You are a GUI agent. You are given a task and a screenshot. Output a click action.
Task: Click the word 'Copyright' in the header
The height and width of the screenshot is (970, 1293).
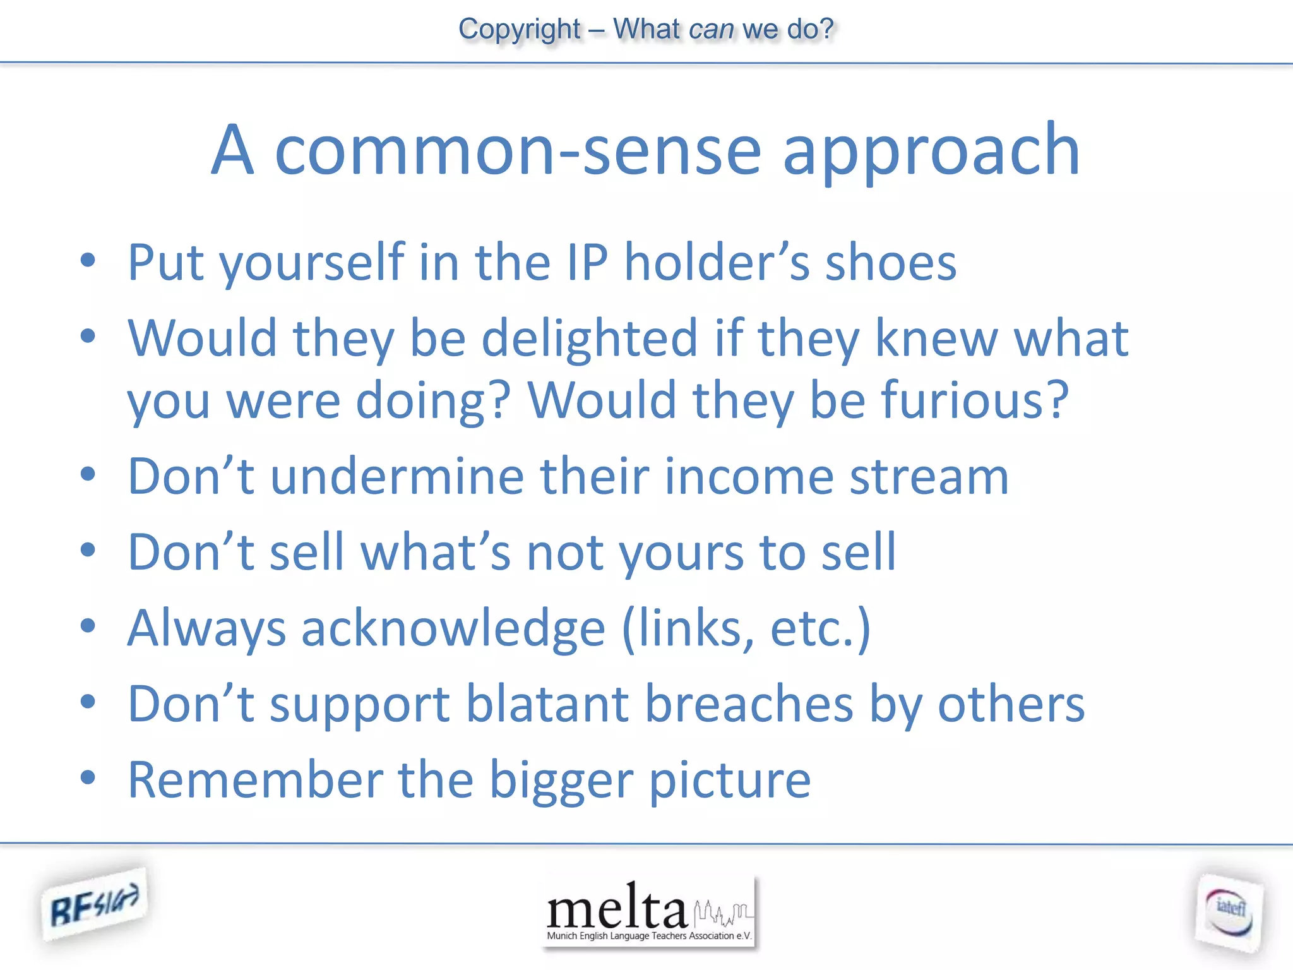point(519,29)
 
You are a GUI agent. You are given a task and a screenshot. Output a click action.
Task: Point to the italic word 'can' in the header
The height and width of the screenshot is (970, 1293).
point(712,29)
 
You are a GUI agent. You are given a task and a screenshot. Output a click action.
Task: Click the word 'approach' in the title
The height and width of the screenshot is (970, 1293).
point(931,152)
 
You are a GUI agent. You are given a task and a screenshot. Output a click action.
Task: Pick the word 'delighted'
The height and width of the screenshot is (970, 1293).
point(590,339)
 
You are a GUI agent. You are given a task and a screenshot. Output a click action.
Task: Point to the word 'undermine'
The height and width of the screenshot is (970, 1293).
point(397,477)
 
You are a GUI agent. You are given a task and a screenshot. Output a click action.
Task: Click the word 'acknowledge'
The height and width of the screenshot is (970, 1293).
point(453,628)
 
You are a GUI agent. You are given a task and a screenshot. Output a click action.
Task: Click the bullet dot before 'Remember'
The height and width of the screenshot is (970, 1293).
point(88,777)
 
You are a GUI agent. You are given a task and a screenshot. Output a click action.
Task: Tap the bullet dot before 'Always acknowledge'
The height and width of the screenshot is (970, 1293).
point(88,625)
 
